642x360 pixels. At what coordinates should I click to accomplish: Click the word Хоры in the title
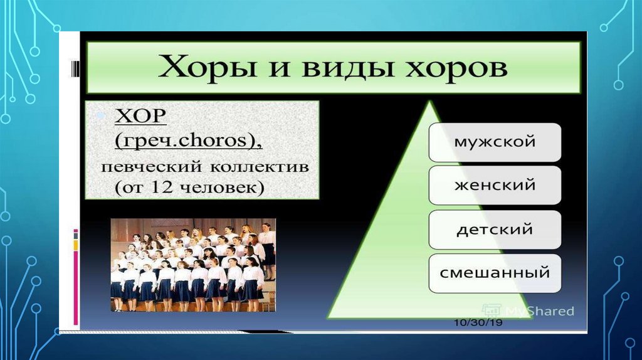(x=207, y=67)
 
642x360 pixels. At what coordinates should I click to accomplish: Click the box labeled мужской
(x=495, y=142)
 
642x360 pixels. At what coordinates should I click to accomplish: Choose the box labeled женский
(x=495, y=185)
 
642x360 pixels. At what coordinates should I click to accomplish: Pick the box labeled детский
(x=495, y=230)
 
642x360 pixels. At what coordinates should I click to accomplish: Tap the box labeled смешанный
(x=495, y=273)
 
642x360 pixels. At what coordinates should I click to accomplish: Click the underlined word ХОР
(x=140, y=117)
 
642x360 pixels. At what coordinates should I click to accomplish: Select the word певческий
(x=152, y=167)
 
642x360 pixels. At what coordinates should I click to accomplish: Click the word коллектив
(x=260, y=167)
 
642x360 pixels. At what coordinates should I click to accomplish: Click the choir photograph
(x=193, y=265)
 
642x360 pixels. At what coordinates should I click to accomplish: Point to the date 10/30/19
(x=478, y=323)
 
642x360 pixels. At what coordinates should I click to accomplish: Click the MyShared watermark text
(x=540, y=311)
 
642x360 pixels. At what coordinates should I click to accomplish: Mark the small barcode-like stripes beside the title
(x=75, y=68)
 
